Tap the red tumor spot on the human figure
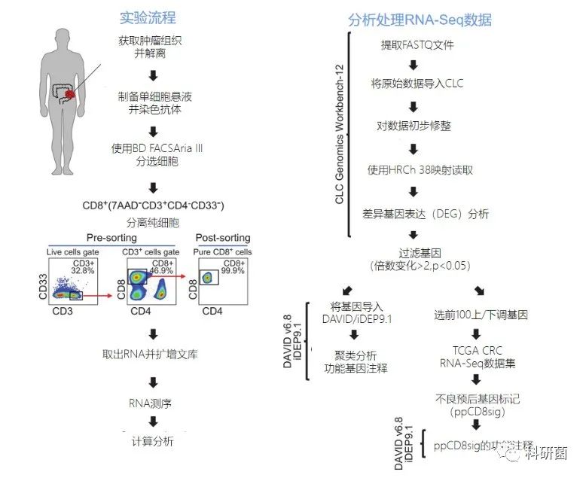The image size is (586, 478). (x=70, y=95)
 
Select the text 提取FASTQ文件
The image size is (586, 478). (x=417, y=44)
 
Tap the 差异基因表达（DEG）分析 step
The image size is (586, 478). (x=425, y=214)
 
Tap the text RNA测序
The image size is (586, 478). (x=152, y=404)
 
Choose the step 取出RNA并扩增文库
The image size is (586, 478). (x=152, y=355)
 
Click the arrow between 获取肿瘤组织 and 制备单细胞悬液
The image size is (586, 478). (x=153, y=74)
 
